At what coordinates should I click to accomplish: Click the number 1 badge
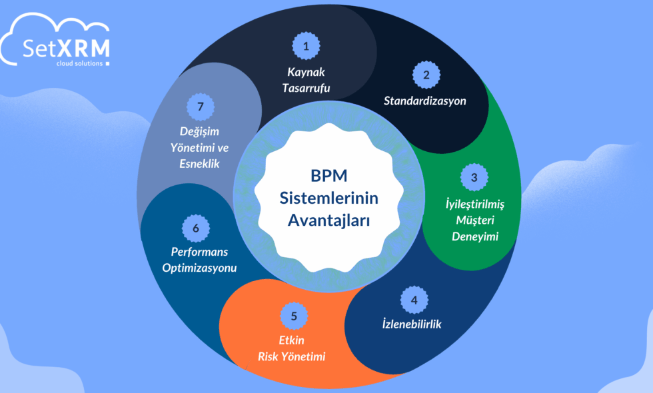[307, 46]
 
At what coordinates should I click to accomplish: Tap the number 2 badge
[426, 75]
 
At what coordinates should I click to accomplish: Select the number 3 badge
[474, 177]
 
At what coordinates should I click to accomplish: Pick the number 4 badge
[414, 300]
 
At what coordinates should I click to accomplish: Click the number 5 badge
[294, 315]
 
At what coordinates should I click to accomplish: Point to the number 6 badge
[196, 228]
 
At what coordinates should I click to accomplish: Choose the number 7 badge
[201, 106]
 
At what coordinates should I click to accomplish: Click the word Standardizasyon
[425, 101]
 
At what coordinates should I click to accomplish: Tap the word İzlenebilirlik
[412, 324]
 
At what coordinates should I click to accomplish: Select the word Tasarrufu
[305, 87]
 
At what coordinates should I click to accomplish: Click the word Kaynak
[305, 72]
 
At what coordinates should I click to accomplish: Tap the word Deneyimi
[474, 236]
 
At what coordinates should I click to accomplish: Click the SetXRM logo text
[57, 50]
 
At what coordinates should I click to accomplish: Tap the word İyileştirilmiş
[474, 204]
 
